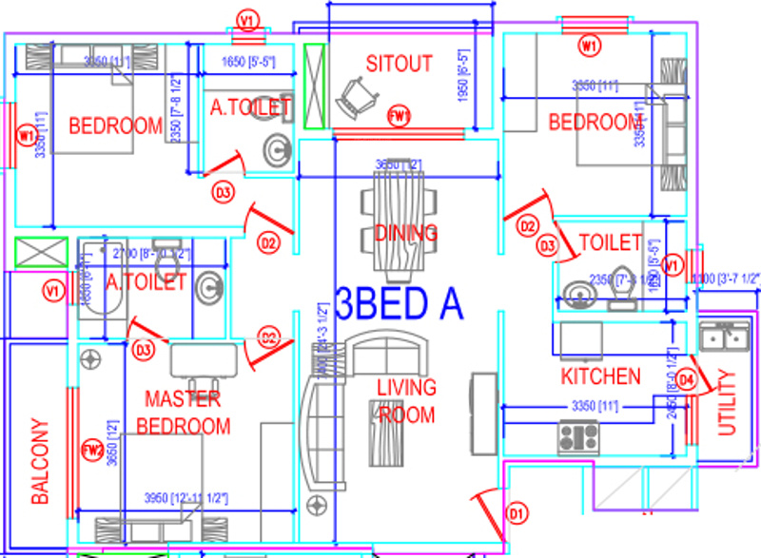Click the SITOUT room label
click(x=400, y=64)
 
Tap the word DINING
click(x=406, y=233)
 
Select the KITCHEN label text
click(x=601, y=376)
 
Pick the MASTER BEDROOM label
click(x=183, y=412)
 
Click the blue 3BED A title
click(x=400, y=304)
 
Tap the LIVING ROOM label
click(x=406, y=401)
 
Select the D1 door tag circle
click(x=516, y=514)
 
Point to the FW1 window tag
click(x=400, y=117)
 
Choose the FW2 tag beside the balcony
click(x=92, y=451)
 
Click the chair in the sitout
click(x=357, y=96)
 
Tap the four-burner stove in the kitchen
click(x=577, y=436)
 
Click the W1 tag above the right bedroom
click(x=591, y=45)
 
